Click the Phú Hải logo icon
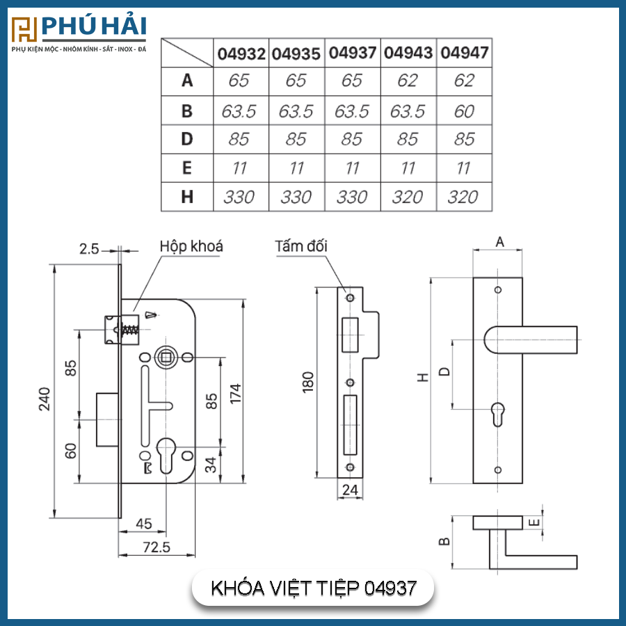(x=24, y=29)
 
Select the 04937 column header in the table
(x=353, y=53)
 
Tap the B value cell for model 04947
(x=465, y=111)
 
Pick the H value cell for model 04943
(x=408, y=197)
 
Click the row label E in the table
(x=187, y=168)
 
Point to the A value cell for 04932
(x=239, y=81)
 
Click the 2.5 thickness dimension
(x=88, y=249)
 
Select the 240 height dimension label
(x=45, y=399)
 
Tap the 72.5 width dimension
(x=156, y=547)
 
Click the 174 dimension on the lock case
(x=236, y=393)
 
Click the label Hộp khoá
(x=191, y=246)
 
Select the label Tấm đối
(x=301, y=246)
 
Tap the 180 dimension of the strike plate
(x=308, y=382)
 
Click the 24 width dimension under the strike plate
(x=350, y=490)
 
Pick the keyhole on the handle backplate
(x=497, y=414)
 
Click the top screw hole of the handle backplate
(x=498, y=290)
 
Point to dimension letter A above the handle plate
(x=500, y=242)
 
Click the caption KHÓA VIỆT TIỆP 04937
(x=314, y=588)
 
